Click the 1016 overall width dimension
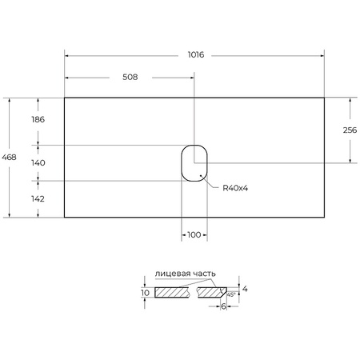coord(196,54)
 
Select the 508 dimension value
coord(130,77)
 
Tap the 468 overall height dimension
coord(9,158)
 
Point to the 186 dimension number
coord(37,119)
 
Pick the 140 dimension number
coord(37,162)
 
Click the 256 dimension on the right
coord(349,130)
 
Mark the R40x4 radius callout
coord(226,188)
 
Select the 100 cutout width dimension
coord(194,235)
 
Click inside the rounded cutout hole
coord(194,162)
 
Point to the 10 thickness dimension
coord(145,293)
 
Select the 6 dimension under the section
coord(223,307)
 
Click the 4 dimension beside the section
coord(246,288)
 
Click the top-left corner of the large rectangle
coord(65,98)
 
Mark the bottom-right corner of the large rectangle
coord(324,218)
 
